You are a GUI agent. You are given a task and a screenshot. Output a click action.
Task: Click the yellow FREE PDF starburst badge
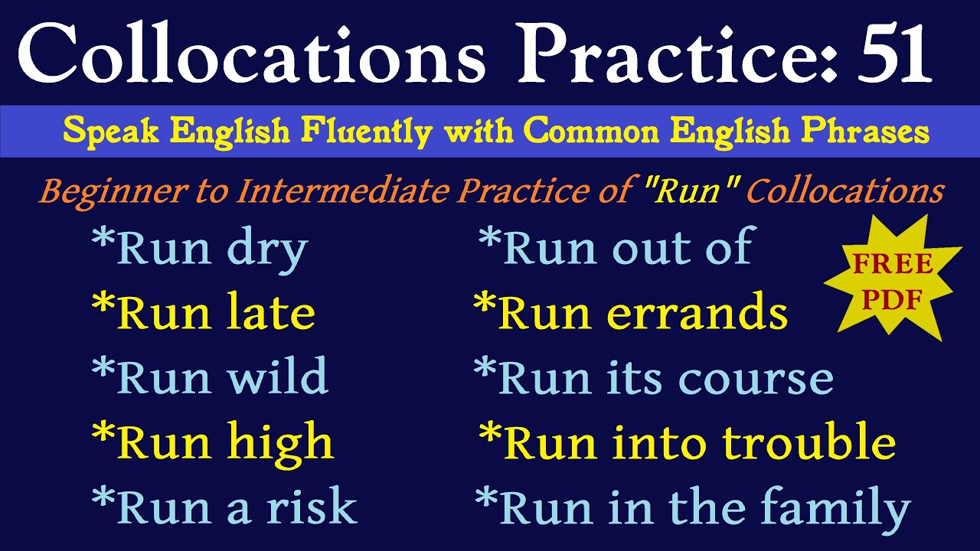click(x=893, y=280)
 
